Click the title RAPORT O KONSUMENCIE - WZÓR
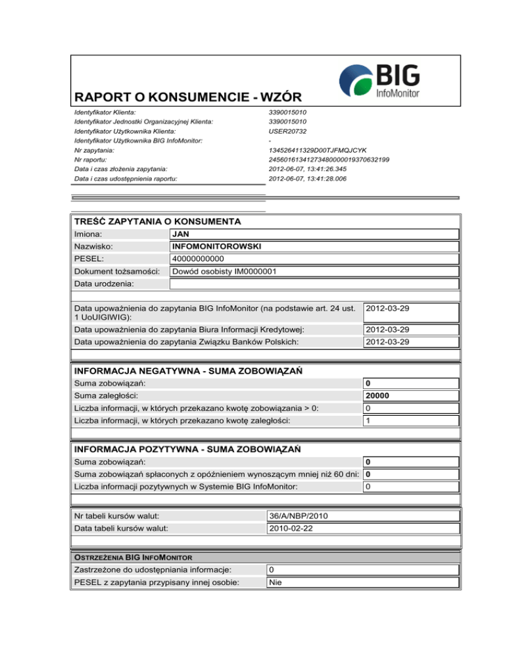pyautogui.click(x=188, y=97)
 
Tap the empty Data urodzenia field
pyautogui.click(x=313, y=284)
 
